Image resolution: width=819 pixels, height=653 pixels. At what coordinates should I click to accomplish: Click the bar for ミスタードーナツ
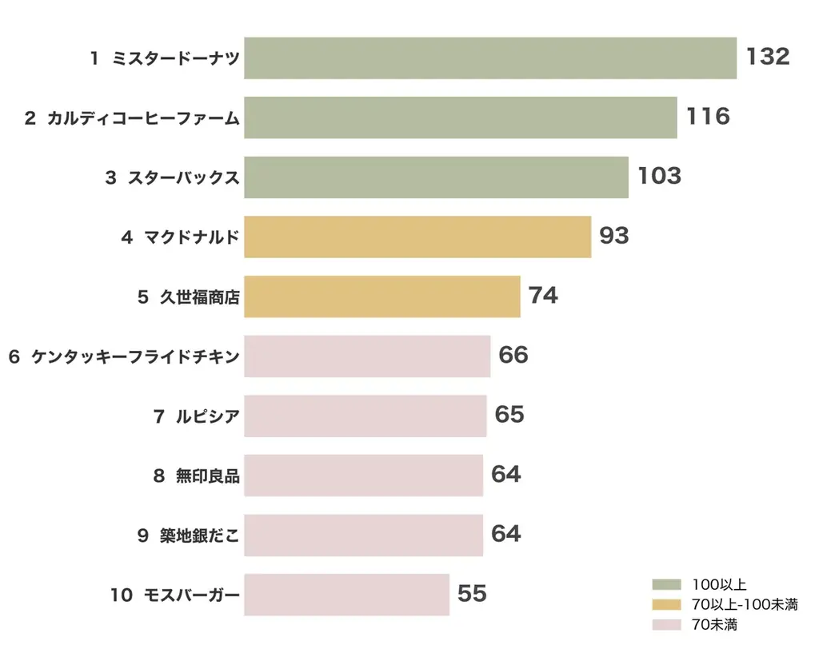489,58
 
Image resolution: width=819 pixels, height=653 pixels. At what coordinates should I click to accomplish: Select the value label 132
768,57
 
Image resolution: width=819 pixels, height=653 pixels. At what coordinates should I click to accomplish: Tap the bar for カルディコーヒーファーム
460,117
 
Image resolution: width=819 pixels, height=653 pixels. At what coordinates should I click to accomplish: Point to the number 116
708,117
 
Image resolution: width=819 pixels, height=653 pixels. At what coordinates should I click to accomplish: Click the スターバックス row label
183,177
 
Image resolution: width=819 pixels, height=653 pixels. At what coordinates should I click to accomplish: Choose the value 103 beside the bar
659,177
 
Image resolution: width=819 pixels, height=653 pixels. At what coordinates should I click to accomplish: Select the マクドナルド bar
417,237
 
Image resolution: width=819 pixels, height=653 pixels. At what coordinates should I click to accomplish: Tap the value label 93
614,236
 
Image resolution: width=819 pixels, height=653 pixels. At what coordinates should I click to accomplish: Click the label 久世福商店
199,297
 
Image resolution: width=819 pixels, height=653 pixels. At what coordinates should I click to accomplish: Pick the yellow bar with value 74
382,297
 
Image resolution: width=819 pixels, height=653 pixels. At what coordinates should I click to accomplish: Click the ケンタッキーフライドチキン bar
366,356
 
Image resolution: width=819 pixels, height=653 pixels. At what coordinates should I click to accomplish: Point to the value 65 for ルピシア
509,415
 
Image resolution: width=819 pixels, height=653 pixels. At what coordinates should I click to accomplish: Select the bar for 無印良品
363,475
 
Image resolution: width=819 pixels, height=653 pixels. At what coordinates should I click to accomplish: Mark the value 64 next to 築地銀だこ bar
506,534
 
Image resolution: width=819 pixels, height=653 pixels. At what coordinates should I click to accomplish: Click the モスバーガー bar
346,594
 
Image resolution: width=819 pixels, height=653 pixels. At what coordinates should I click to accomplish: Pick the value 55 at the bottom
472,594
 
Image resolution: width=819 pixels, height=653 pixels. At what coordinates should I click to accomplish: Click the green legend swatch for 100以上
666,584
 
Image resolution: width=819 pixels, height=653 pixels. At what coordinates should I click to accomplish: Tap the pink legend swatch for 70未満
666,624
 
